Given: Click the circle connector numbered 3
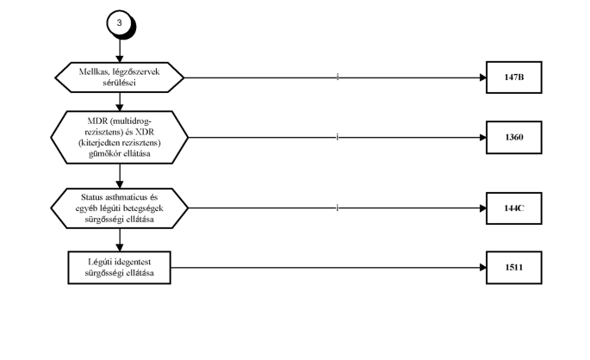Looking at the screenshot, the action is (x=120, y=23).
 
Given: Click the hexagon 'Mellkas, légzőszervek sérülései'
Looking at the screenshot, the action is (x=119, y=78).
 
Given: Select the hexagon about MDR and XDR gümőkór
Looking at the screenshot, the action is (x=119, y=137).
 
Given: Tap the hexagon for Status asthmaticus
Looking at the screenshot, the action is (x=119, y=208).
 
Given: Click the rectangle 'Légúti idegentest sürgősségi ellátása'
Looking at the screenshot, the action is (x=119, y=268).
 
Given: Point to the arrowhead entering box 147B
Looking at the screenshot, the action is (x=483, y=78).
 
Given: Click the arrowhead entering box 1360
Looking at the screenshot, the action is (x=483, y=137).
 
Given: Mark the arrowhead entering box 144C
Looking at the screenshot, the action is (x=483, y=208).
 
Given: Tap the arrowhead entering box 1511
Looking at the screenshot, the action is (x=483, y=268).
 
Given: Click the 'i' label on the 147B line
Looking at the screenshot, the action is (x=338, y=78).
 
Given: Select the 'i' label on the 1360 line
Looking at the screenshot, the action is (x=338, y=137).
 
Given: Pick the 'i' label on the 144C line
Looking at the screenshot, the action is (x=338, y=208).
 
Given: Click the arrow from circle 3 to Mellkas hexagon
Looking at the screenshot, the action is (x=120, y=51).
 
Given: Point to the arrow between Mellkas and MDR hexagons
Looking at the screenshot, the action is (x=120, y=102).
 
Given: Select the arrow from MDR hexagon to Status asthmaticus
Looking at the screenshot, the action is (x=120, y=176).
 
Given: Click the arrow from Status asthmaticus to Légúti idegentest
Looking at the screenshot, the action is (x=120, y=240).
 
